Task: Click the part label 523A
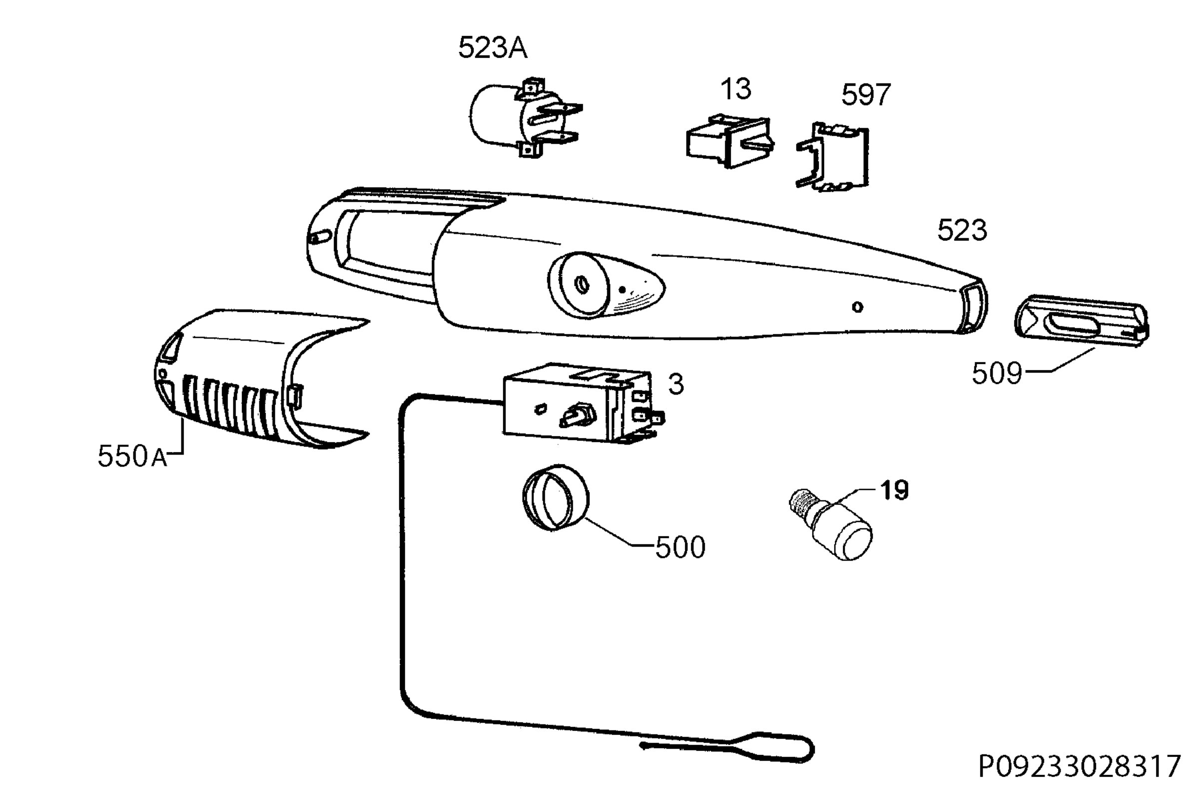[493, 48]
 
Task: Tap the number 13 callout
[735, 89]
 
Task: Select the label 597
[865, 95]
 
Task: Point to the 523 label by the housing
[962, 230]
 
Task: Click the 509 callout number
[996, 374]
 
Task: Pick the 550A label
[132, 456]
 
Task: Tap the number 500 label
[680, 547]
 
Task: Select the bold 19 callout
[895, 490]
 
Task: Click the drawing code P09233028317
[1080, 766]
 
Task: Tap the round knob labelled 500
[556, 497]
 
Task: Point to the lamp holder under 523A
[525, 117]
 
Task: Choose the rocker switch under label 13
[729, 140]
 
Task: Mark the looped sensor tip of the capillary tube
[729, 748]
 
